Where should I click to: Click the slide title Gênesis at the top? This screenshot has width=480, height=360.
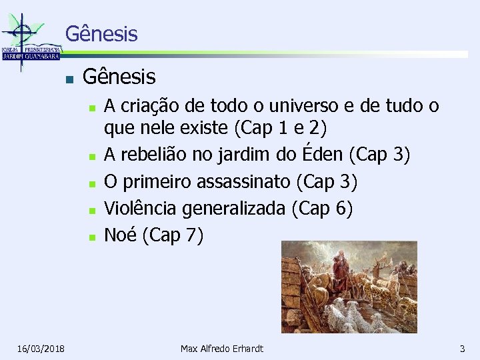point(101,33)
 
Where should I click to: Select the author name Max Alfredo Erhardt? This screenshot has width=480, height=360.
point(222,349)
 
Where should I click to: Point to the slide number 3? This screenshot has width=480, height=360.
point(462,349)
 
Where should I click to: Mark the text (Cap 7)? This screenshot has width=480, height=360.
point(173,235)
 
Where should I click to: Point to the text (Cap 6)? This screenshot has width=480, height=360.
point(322,209)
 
